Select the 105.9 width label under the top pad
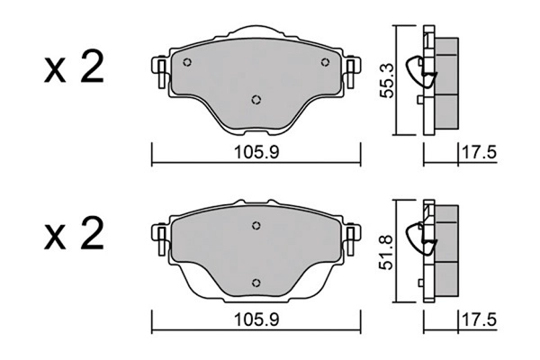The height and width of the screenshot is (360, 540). click(x=256, y=152)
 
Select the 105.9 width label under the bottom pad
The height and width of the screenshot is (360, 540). click(x=256, y=320)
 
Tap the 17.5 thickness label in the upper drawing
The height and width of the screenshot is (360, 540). click(x=479, y=152)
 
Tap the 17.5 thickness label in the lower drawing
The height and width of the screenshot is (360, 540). click(x=479, y=320)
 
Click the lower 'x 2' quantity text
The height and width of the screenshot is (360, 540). click(x=74, y=233)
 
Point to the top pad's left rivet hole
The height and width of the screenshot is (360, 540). click(x=187, y=62)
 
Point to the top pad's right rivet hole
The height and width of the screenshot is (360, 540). click(x=325, y=62)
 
